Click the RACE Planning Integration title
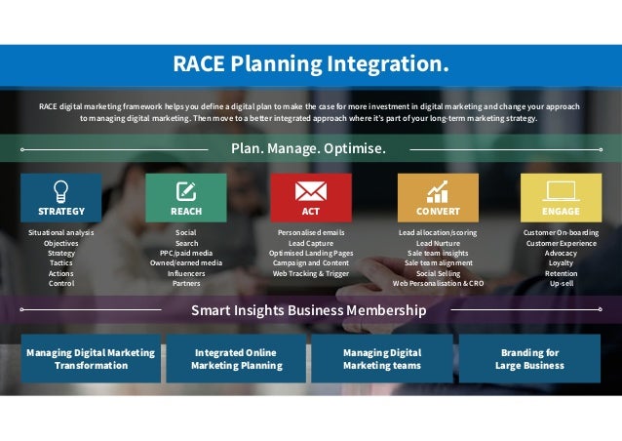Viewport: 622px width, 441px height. pos(311,64)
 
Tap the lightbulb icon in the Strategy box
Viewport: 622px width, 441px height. pos(61,190)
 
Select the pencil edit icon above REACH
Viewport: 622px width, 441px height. pos(186,190)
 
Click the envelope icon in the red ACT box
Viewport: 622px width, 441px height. pos(310,190)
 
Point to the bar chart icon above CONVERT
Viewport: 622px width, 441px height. pos(438,190)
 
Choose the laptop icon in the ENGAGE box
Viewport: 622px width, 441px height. pos(561,190)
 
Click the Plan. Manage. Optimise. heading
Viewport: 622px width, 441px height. pos(308,149)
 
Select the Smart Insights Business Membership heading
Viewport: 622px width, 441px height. pos(308,310)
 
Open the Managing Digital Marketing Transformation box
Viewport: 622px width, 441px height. pos(91,358)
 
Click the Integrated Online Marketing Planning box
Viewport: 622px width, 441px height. pos(236,358)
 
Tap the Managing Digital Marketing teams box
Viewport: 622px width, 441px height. pos(381,358)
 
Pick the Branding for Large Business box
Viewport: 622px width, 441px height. pos(529,358)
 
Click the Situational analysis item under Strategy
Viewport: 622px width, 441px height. pos(61,233)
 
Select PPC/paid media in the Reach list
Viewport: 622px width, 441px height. pos(186,253)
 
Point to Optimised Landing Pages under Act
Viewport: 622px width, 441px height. pos(310,253)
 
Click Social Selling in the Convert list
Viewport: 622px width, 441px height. pos(438,273)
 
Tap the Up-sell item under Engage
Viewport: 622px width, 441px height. pos(561,283)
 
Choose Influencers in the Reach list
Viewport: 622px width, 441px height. pos(186,273)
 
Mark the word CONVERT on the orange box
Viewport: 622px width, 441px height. pos(438,211)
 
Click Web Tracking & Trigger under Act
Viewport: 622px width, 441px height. pos(310,273)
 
